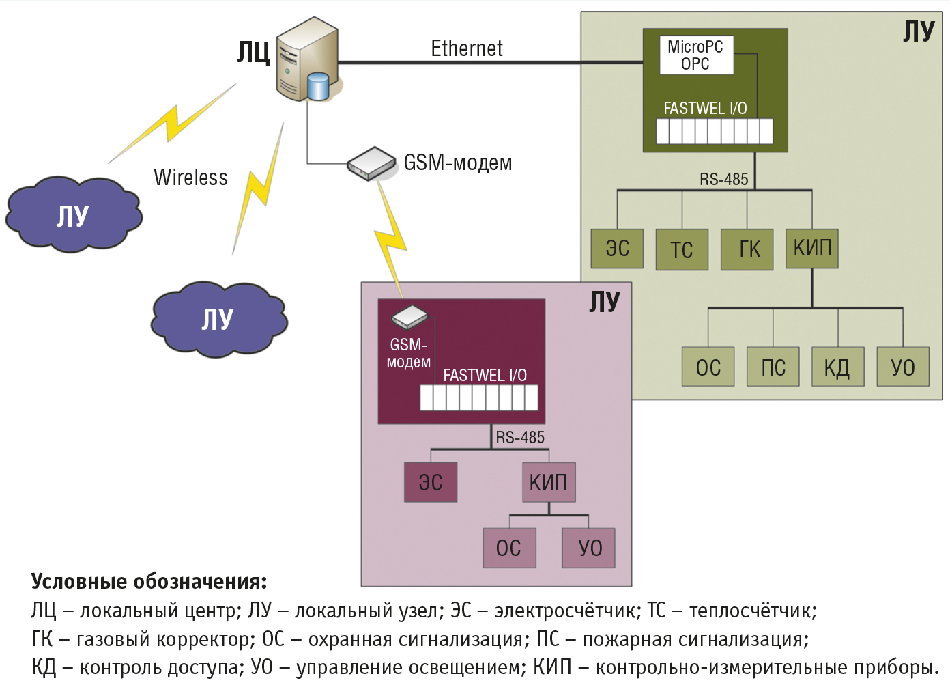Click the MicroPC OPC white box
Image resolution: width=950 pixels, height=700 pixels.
pyautogui.click(x=696, y=55)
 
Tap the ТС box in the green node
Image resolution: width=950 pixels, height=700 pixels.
pyautogui.click(x=682, y=249)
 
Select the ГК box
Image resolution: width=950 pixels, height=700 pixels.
pyautogui.click(x=747, y=249)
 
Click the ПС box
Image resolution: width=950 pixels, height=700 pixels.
pyautogui.click(x=773, y=367)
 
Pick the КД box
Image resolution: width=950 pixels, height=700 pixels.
pyautogui.click(x=837, y=367)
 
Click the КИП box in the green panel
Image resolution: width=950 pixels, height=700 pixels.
pyautogui.click(x=811, y=249)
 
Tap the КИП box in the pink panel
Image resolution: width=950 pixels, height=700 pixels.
pyautogui.click(x=549, y=482)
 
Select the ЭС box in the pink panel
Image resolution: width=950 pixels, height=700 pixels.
pyautogui.click(x=431, y=482)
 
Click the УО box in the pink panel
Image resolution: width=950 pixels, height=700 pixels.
pyautogui.click(x=588, y=548)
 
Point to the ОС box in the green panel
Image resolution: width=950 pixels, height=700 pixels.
pyautogui.click(x=708, y=367)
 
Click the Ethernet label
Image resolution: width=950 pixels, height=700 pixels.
pyautogui.click(x=467, y=48)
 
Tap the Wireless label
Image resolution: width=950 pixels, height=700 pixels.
pyautogui.click(x=190, y=178)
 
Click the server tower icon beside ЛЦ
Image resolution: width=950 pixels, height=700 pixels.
pyautogui.click(x=308, y=59)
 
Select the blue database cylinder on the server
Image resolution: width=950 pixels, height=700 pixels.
pyautogui.click(x=318, y=87)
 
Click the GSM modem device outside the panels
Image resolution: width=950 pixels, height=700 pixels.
pyautogui.click(x=371, y=164)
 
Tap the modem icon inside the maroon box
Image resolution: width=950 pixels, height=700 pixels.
pyautogui.click(x=409, y=318)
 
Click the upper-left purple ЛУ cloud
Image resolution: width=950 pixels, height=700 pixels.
pyautogui.click(x=74, y=215)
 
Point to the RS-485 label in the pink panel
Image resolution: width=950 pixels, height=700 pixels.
pyautogui.click(x=520, y=437)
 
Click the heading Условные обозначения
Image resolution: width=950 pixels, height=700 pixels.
pyautogui.click(x=149, y=581)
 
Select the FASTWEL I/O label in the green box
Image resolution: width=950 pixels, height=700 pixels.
pyautogui.click(x=705, y=109)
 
